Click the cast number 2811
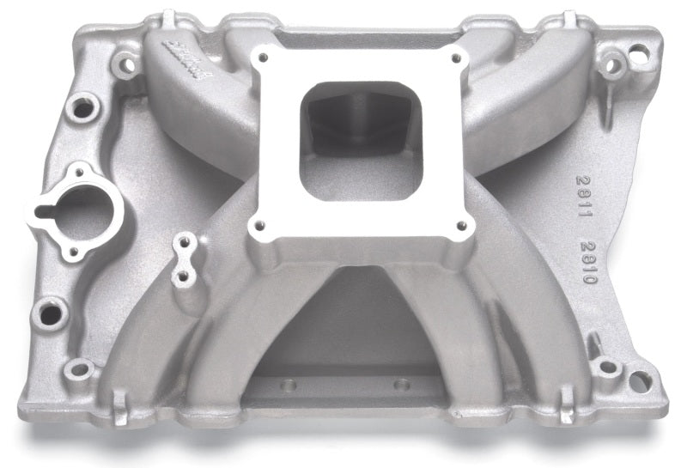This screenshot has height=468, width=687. (583, 188)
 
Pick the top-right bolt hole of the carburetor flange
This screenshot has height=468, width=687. (455, 58)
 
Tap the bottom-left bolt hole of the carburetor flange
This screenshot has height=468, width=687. (255, 226)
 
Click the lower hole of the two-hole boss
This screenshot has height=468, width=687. (181, 277)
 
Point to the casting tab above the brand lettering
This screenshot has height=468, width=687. (168, 18)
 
